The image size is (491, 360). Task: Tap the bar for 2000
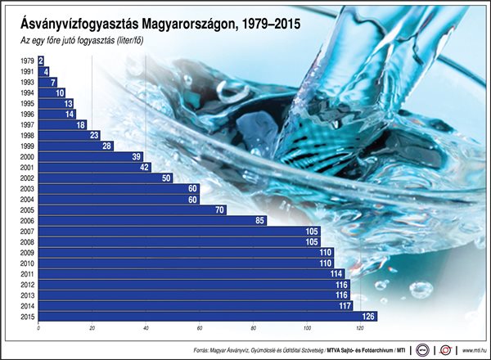[x=90, y=156]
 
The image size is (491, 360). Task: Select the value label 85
[x=259, y=220]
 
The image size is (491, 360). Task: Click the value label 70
[x=219, y=209]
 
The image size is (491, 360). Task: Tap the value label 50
[x=166, y=178]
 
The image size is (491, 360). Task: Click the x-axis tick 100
[x=306, y=329]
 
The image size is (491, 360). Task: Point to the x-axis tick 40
[x=146, y=329]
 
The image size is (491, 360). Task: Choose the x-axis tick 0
[x=38, y=329]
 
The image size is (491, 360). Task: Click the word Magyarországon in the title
[x=200, y=25]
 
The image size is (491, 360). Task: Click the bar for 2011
[x=188, y=273]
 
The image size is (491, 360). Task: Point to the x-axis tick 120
[x=359, y=329]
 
